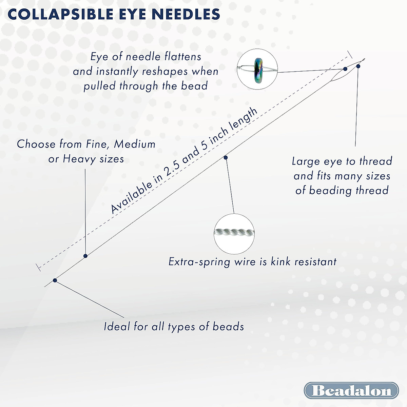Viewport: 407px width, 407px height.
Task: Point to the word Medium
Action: click(x=135, y=144)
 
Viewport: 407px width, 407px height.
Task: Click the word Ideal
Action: click(x=117, y=327)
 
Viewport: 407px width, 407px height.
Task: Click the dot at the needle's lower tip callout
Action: click(x=55, y=280)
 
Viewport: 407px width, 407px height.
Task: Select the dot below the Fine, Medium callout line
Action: click(x=85, y=256)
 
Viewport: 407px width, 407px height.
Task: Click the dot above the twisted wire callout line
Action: click(x=226, y=157)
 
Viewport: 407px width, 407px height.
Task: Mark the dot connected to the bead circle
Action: click(x=345, y=69)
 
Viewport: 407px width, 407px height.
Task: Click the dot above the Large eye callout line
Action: click(x=358, y=66)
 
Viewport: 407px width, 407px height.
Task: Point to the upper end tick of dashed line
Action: click(x=349, y=54)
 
